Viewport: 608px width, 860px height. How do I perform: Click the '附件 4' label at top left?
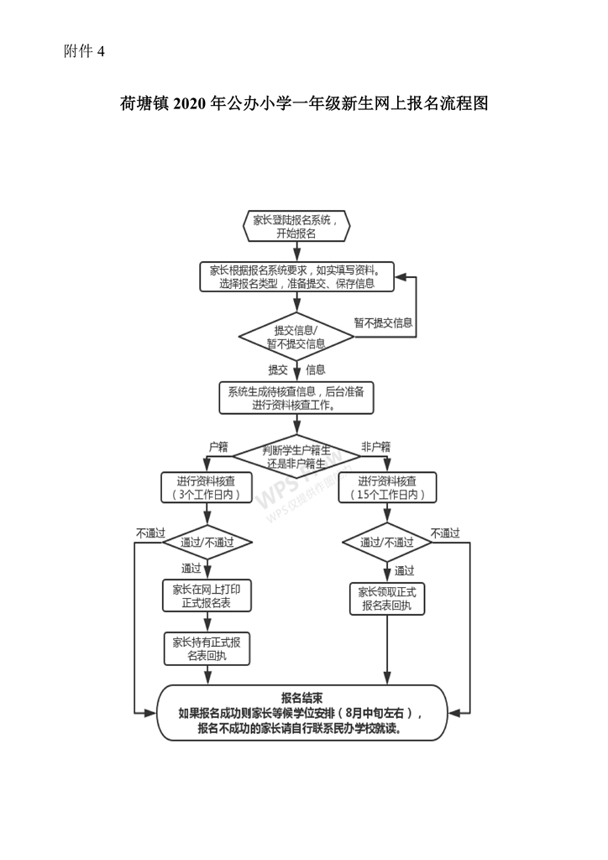[84, 52]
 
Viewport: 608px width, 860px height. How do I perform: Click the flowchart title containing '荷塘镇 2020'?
[303, 104]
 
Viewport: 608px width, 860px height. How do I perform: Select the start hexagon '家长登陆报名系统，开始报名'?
[296, 227]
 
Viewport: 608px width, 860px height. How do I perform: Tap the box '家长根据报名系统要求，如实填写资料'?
[296, 277]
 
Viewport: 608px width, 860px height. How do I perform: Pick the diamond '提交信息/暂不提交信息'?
[296, 336]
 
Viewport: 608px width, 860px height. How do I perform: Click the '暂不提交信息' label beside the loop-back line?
[383, 322]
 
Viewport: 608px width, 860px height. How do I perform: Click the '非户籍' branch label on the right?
[375, 447]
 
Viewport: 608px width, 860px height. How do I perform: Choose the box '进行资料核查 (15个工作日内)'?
[387, 488]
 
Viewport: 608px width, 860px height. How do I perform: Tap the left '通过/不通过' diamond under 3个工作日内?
[207, 542]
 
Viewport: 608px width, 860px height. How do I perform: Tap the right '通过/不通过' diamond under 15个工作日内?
[387, 542]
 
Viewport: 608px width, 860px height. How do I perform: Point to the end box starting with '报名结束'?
[302, 713]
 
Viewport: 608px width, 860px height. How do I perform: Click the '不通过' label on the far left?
[150, 532]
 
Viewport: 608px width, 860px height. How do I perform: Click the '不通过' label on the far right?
[445, 532]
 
